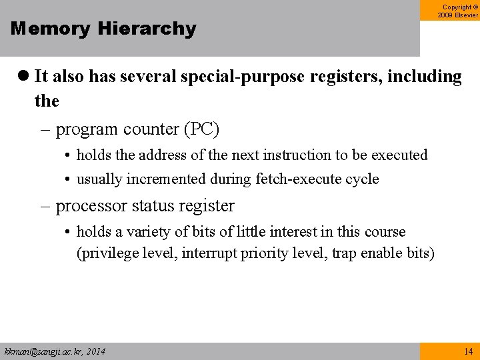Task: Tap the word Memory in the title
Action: tap(51, 29)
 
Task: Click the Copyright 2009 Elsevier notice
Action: tap(458, 11)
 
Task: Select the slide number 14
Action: tap(468, 351)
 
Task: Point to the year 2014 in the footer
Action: tap(95, 351)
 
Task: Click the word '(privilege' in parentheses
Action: tap(108, 253)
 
